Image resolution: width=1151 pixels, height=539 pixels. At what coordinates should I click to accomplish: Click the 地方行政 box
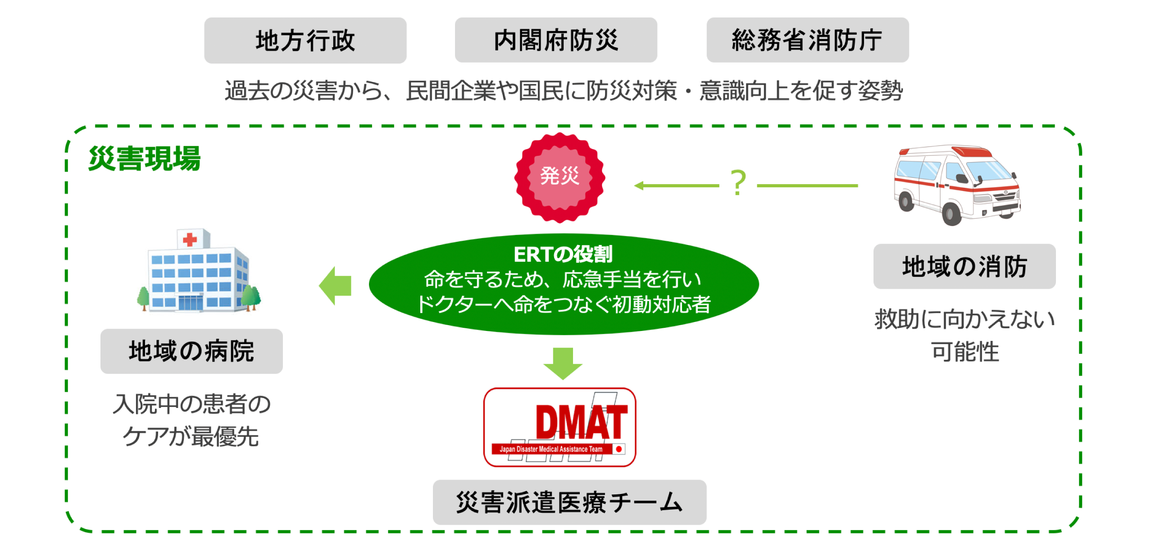pos(305,41)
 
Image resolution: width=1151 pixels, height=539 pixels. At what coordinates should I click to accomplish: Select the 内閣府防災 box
pos(555,41)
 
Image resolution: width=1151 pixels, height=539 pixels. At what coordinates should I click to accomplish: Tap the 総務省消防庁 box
pos(807,41)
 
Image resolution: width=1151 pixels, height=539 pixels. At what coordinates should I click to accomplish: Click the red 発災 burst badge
pos(560,177)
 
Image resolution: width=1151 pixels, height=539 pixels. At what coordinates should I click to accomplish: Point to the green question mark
pos(738,183)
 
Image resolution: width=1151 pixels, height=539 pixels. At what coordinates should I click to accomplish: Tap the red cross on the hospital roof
pos(190,239)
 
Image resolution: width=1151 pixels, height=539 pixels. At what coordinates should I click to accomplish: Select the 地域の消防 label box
pos(964,267)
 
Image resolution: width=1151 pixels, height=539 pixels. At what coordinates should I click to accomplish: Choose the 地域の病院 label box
pos(191,351)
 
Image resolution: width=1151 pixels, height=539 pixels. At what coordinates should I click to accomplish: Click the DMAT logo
pos(560,427)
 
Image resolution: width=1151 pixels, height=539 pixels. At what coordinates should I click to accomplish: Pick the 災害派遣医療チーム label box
pos(569,502)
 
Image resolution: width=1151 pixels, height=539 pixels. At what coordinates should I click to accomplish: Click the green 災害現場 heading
pos(144,159)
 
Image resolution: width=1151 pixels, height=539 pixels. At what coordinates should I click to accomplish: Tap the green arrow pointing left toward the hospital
pos(335,285)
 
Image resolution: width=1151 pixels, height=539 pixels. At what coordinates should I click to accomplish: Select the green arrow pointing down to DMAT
pos(563,363)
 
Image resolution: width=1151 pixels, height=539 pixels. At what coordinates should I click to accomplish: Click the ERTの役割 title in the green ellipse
pos(563,254)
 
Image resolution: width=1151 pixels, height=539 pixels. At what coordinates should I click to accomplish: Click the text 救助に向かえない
pos(964,319)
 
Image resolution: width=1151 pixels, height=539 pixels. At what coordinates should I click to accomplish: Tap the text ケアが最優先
pos(191,437)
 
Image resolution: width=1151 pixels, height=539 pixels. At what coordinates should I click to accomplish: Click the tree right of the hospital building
pos(251,298)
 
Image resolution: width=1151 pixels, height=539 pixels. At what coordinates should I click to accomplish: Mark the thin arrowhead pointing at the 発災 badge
pos(639,186)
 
